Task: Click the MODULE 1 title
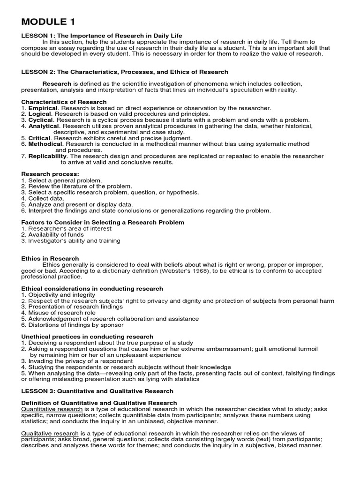click(48, 22)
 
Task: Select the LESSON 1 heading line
click(102, 36)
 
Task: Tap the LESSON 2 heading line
click(125, 72)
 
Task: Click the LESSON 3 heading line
click(97, 391)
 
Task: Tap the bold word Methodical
click(45, 144)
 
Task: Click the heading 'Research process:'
click(50, 174)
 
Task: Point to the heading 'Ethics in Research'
click(51, 258)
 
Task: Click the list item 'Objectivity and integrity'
click(61, 295)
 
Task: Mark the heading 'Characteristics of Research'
click(64, 102)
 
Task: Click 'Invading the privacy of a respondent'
click(80, 361)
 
